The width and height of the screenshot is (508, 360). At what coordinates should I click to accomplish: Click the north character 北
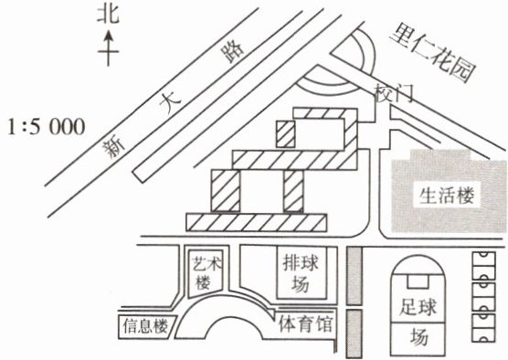click(108, 16)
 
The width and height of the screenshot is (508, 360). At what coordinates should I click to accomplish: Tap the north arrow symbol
click(108, 48)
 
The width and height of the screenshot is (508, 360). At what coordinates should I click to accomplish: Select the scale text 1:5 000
click(47, 127)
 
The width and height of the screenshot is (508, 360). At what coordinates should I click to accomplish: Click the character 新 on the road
click(113, 147)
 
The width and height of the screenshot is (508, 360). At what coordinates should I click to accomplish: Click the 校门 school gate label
click(393, 92)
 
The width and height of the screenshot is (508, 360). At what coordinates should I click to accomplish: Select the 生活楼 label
click(447, 196)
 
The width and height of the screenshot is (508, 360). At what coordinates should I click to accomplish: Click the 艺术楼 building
click(206, 274)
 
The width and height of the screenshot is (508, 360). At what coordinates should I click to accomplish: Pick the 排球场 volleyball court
click(302, 273)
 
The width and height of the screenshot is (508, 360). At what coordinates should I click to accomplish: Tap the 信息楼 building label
click(146, 325)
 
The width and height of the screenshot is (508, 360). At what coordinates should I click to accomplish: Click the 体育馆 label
click(305, 323)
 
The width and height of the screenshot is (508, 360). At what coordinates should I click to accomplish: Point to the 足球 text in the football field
click(418, 307)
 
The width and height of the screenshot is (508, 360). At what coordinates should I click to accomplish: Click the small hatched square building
click(285, 134)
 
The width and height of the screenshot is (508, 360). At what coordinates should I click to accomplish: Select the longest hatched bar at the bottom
click(256, 222)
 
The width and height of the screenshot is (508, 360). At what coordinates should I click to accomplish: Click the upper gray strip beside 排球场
click(355, 276)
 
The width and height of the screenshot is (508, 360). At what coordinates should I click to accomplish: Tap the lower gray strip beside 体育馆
click(354, 334)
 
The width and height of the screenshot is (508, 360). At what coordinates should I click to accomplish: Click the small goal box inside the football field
click(418, 281)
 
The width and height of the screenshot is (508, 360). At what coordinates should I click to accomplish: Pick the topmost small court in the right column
click(483, 266)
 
